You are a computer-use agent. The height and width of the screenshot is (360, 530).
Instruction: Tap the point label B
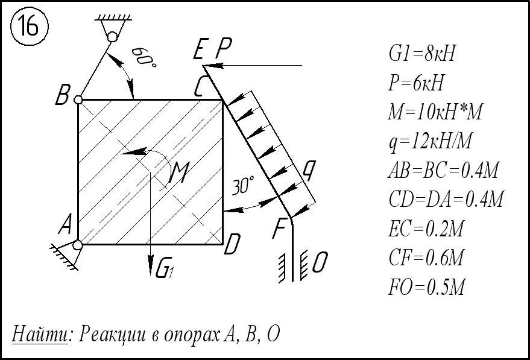pyautogui.click(x=62, y=95)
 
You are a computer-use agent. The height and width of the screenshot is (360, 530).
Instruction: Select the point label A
pyautogui.click(x=66, y=226)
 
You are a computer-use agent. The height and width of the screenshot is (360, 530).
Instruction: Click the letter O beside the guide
pyautogui.click(x=321, y=262)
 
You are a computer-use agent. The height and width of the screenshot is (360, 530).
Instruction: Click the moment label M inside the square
pyautogui.click(x=180, y=174)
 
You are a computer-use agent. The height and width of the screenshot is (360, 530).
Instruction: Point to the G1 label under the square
pyautogui.click(x=165, y=270)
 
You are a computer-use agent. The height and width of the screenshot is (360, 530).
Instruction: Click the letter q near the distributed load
pyautogui.click(x=309, y=171)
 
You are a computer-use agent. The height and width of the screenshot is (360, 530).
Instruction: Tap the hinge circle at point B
pyautogui.click(x=78, y=99)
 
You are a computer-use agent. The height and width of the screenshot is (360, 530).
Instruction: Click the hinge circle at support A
pyautogui.click(x=78, y=244)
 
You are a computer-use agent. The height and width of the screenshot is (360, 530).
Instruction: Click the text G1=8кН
pyautogui.click(x=421, y=54)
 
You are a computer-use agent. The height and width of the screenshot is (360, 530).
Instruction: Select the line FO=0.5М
pyautogui.click(x=426, y=287)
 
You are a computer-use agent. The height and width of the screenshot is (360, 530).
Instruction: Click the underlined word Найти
pyautogui.click(x=39, y=333)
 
